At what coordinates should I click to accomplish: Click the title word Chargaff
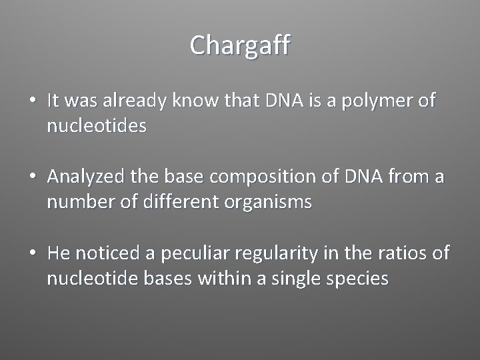click(x=240, y=46)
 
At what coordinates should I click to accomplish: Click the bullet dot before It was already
click(x=32, y=101)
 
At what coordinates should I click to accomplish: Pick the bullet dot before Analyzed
click(x=32, y=178)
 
